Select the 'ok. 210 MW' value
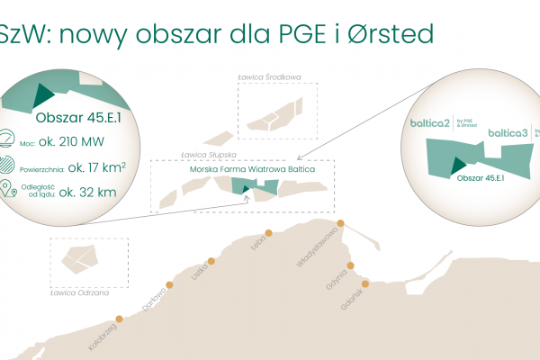pos(73,140)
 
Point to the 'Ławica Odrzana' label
pos(80,292)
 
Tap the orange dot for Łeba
pos(267,230)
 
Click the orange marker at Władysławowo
pos(340,223)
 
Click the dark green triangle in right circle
pos(458,164)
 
